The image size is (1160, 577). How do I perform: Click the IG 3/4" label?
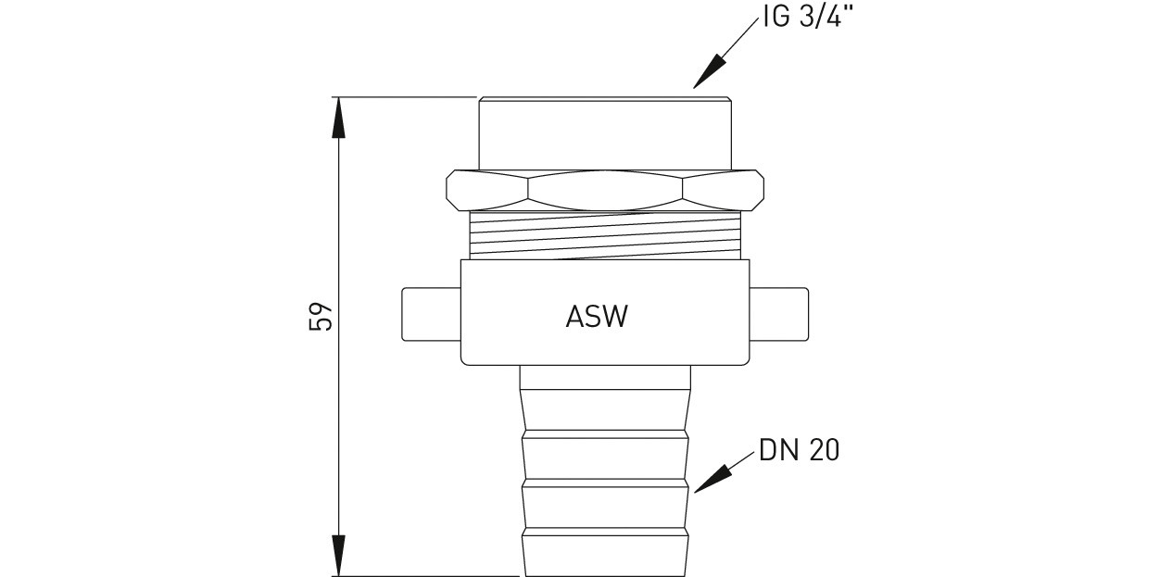coord(807,17)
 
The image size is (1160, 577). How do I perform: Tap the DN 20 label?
coord(799,450)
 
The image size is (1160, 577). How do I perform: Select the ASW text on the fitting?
coord(597,316)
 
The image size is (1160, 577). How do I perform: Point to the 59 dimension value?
coord(320,316)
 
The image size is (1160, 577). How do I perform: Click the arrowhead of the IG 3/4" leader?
coord(707,71)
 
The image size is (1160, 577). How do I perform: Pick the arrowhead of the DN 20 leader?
coord(711,479)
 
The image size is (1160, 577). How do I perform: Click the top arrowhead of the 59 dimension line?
coord(338,118)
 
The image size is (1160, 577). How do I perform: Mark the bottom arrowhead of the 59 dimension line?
coord(338,555)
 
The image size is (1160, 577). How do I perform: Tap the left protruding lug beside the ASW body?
coord(432,315)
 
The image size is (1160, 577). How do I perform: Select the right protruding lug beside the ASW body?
coord(779,315)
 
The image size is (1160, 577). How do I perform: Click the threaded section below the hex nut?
coord(605,235)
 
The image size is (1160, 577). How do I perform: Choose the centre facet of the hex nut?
coord(605,190)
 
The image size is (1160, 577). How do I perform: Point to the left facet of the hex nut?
coord(486,190)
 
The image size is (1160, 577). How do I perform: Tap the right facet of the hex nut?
coord(724,190)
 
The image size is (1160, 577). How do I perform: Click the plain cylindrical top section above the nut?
coord(605,133)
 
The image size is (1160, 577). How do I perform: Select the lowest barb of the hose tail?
coord(605,552)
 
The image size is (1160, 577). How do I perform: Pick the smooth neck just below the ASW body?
coord(605,377)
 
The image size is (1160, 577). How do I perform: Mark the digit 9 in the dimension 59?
coord(320,309)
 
